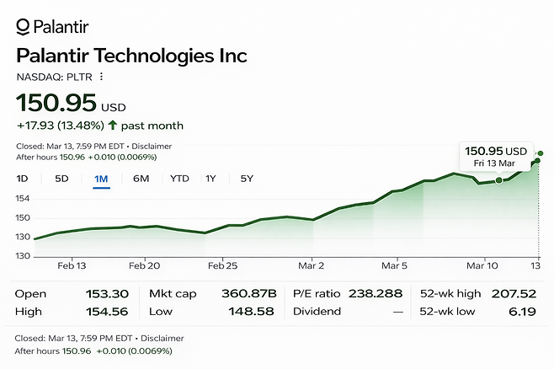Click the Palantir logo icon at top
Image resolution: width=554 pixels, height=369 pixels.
(23, 27)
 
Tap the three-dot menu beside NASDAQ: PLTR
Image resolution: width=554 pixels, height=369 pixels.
(101, 77)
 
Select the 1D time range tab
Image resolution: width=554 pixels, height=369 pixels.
(23, 179)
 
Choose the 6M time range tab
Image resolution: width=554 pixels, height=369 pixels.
(141, 179)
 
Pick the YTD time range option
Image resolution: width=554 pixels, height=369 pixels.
(179, 179)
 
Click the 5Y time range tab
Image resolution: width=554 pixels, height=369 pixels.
(247, 179)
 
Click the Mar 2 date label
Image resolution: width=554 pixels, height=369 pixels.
(312, 265)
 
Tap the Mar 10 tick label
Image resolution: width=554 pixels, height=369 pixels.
(482, 265)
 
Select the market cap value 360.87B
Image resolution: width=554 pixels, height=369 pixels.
(253, 294)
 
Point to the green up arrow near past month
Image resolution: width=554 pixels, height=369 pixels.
(112, 126)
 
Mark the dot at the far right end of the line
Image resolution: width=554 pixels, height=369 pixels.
(540, 153)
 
